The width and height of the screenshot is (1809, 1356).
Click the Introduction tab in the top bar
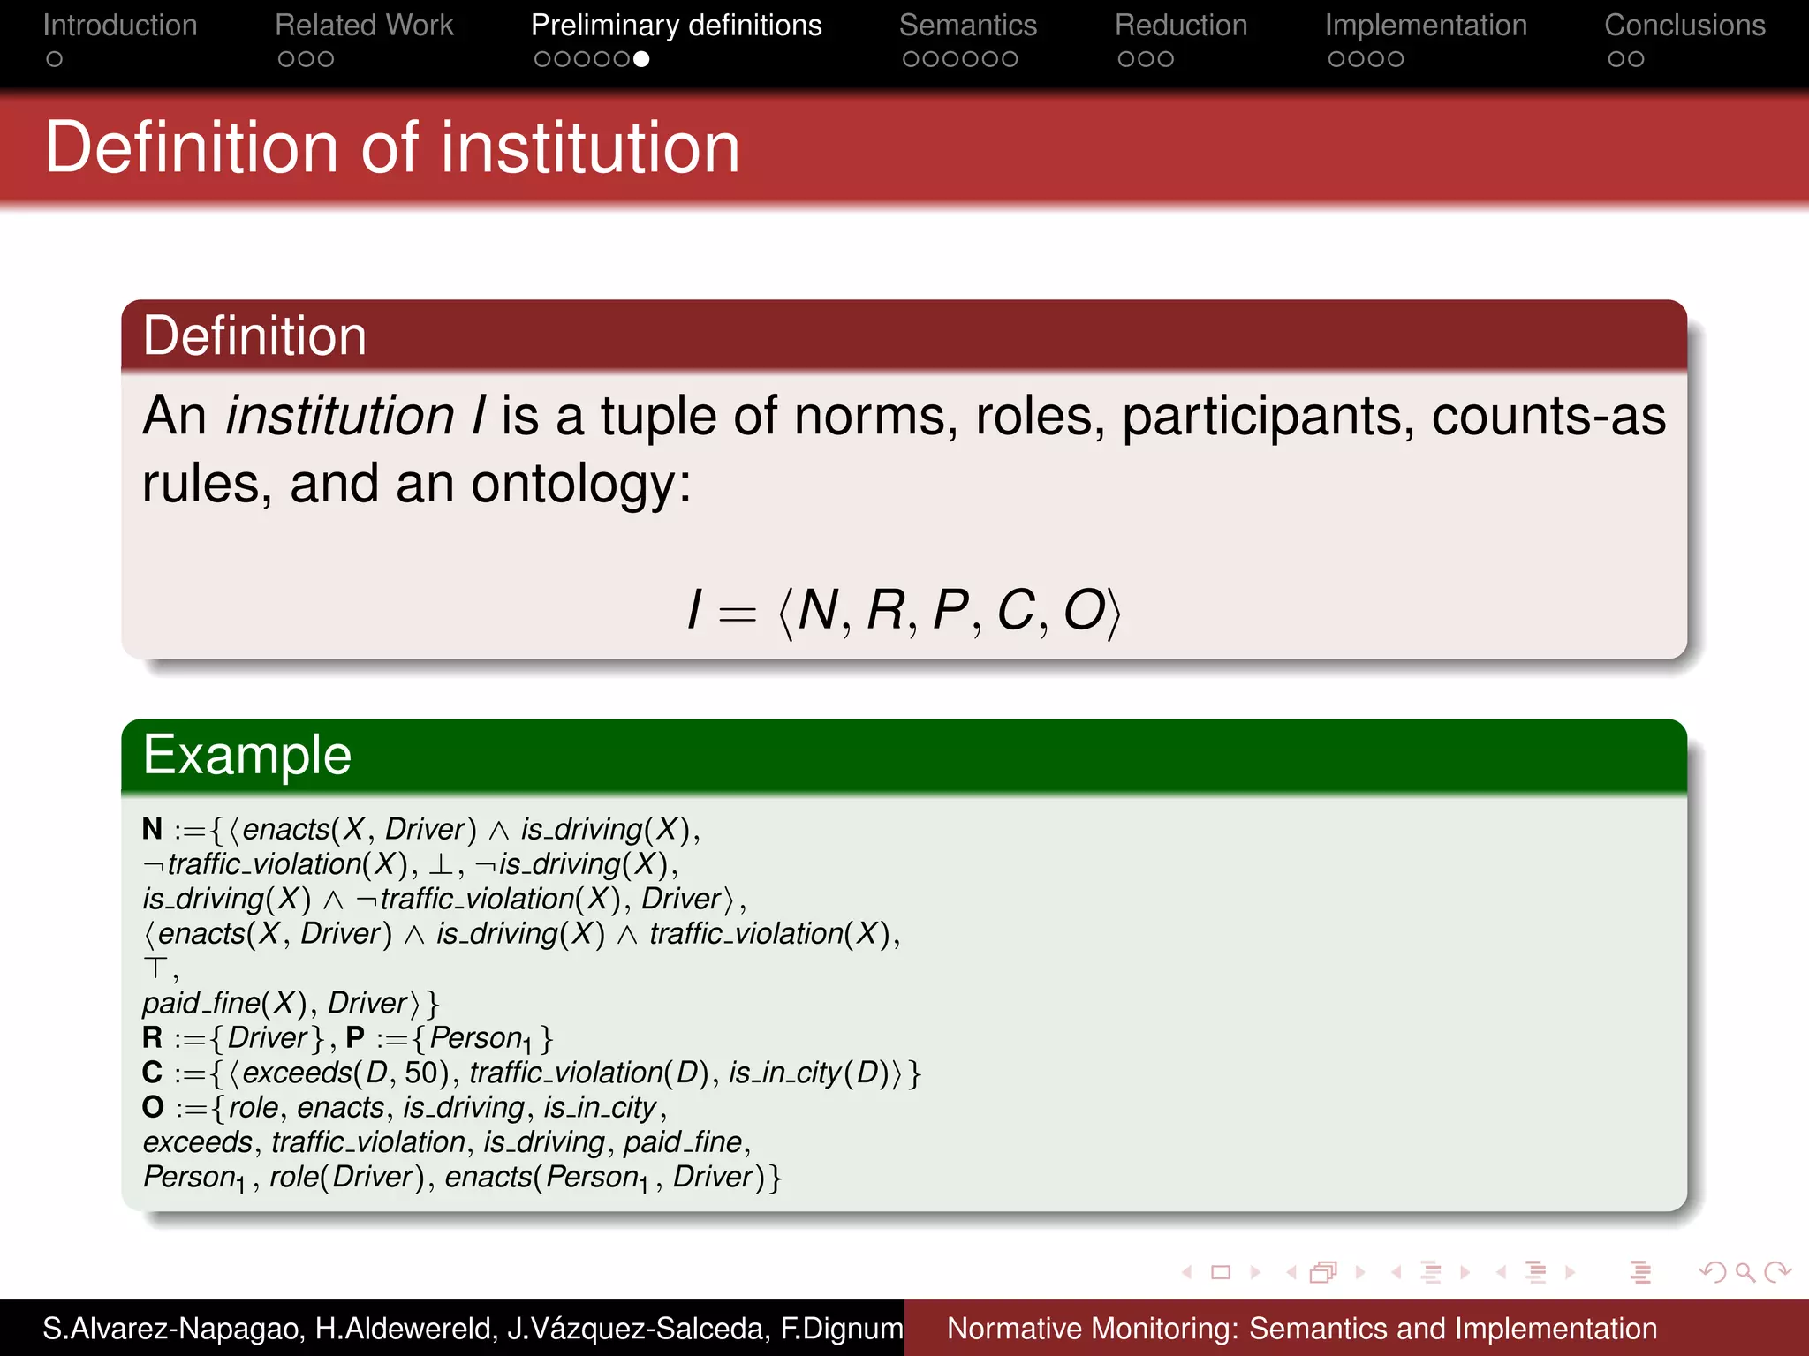tap(120, 26)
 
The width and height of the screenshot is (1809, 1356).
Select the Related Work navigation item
tap(364, 26)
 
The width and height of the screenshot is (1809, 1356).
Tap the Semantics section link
tap(968, 26)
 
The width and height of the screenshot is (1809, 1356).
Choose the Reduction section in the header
tap(1181, 26)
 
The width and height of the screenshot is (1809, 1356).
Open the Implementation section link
tap(1426, 26)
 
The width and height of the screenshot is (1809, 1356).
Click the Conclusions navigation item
tap(1684, 26)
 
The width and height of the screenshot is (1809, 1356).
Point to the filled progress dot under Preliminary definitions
tap(642, 59)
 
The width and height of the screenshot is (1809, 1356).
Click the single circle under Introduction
tap(55, 59)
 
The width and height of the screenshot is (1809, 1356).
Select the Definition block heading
tap(254, 336)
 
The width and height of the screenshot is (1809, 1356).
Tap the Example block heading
tap(247, 756)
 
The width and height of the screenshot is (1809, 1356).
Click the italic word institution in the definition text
tap(340, 416)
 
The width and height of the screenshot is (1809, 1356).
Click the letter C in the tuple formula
tap(1016, 610)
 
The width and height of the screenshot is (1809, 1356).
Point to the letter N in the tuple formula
tap(818, 610)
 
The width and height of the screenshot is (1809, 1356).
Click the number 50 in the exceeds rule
tap(421, 1073)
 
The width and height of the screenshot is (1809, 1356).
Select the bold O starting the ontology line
tap(153, 1107)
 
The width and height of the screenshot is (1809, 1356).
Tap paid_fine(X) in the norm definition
tap(224, 1003)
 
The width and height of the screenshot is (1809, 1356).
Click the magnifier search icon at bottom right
tap(1745, 1272)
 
